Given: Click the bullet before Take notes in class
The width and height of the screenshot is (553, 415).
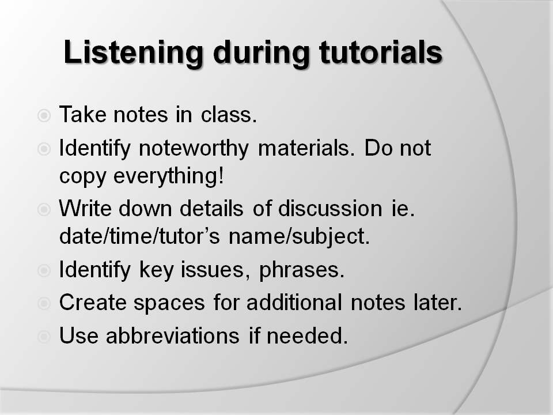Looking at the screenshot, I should tap(44, 116).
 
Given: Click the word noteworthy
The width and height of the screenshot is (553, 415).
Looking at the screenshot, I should tap(195, 149).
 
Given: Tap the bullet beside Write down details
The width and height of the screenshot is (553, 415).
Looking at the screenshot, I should tap(44, 210).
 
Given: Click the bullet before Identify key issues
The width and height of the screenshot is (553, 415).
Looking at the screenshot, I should tap(44, 270).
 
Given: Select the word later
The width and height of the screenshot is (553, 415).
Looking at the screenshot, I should tap(443, 303).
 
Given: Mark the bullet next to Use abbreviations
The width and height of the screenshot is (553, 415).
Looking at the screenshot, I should tap(44, 335).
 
